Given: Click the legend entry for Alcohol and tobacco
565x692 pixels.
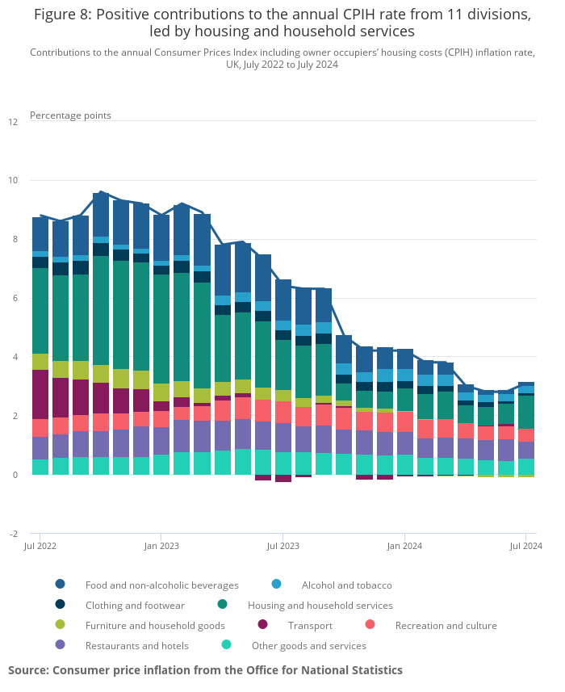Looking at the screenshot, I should [x=346, y=585].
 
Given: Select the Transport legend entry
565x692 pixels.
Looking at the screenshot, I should [x=310, y=625].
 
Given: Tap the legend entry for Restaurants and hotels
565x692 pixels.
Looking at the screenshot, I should [x=136, y=645].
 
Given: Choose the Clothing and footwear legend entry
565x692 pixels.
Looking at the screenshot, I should [x=135, y=605].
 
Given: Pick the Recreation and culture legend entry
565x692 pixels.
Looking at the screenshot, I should [x=446, y=625].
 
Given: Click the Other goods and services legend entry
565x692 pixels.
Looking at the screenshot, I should [x=308, y=645].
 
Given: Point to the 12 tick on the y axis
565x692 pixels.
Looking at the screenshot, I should [x=13, y=122].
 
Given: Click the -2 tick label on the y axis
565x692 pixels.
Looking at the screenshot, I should [x=13, y=534].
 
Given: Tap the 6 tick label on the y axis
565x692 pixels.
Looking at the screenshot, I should [x=13, y=299].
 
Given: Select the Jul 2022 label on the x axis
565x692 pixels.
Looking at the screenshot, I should [x=40, y=546].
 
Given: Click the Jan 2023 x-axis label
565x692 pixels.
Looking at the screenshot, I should [x=161, y=546].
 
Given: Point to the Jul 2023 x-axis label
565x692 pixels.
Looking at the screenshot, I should [x=283, y=546].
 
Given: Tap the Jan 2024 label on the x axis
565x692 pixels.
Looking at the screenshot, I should [x=404, y=546].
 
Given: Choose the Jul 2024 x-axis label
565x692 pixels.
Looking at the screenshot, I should [x=525, y=546].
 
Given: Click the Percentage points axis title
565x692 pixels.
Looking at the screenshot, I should [x=70, y=115].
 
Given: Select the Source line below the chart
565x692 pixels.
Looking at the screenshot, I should [x=205, y=670].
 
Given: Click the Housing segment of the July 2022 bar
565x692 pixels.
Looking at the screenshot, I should [x=40, y=311].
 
